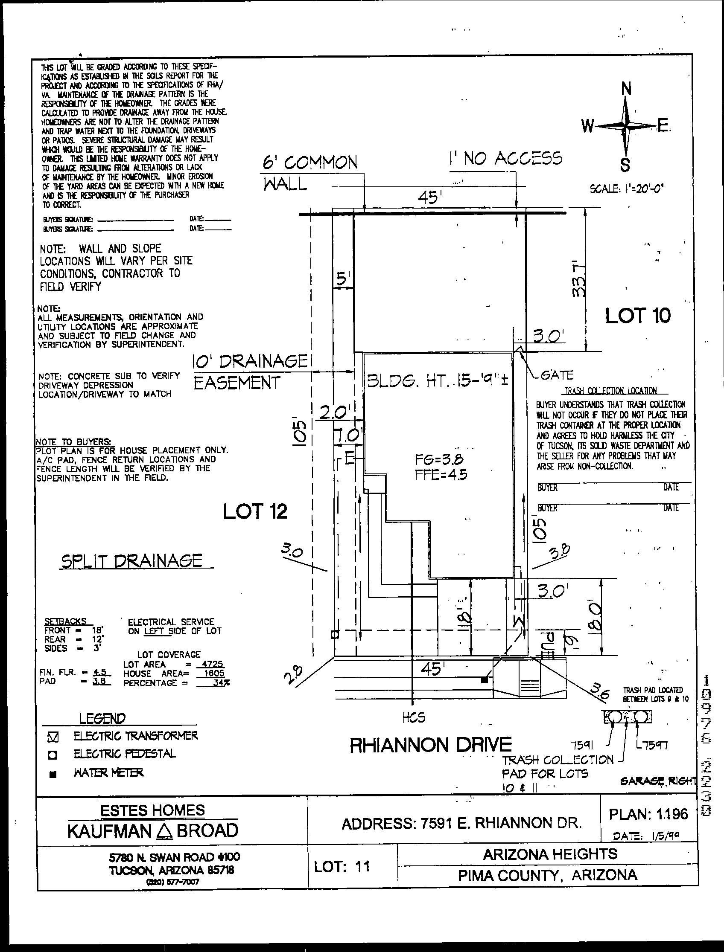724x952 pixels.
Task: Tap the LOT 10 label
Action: (x=638, y=316)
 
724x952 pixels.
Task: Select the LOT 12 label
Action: (x=255, y=511)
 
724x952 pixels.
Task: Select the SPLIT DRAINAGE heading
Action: (x=131, y=560)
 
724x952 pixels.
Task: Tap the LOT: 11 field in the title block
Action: (x=342, y=866)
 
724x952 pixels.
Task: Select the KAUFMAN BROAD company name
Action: (x=153, y=830)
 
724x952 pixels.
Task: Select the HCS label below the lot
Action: (x=414, y=717)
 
